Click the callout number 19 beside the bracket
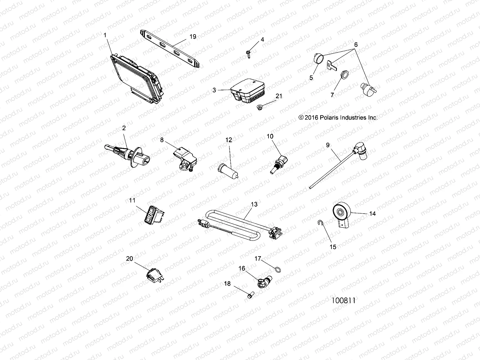pos(193,37)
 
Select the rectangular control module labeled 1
pos(137,79)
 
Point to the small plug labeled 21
pos(259,107)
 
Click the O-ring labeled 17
pos(278,270)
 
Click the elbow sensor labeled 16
pos(264,282)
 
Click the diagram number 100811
pos(343,301)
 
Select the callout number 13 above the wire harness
pos(254,204)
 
